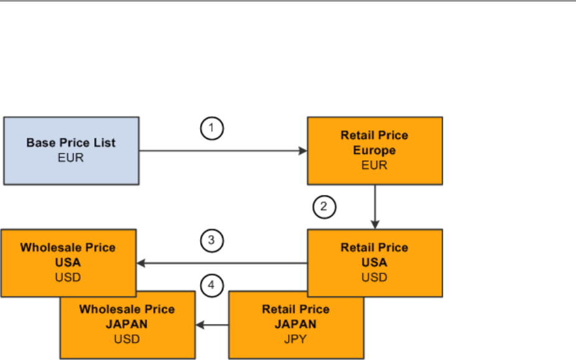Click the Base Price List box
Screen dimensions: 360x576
tap(71, 150)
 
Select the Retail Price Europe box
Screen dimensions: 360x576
tap(375, 150)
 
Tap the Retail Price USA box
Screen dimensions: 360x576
tap(375, 262)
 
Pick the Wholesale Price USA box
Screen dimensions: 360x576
tap(68, 262)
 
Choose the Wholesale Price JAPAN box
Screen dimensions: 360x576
tap(127, 324)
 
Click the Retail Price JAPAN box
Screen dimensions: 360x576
tap(295, 324)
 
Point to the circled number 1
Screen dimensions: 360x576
tap(212, 129)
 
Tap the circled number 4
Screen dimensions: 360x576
tap(212, 286)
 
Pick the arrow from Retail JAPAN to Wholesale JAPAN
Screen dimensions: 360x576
tap(212, 324)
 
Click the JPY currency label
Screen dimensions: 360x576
tap(296, 339)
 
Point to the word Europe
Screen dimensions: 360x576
tap(374, 150)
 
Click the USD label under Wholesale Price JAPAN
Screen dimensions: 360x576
tap(127, 339)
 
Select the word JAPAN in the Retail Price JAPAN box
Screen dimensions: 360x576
tap(295, 324)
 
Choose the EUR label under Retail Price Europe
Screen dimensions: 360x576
tap(374, 165)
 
